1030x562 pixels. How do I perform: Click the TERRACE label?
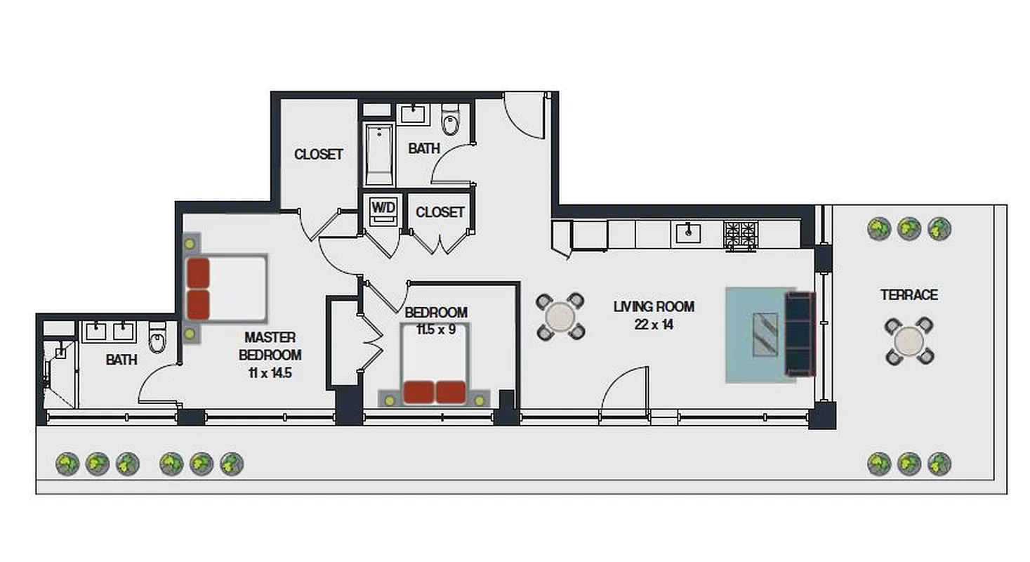click(909, 295)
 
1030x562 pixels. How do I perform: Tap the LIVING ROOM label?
click(654, 307)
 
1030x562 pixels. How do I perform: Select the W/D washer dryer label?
click(383, 207)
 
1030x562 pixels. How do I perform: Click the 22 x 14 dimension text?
click(654, 325)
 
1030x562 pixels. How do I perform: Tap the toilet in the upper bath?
click(450, 122)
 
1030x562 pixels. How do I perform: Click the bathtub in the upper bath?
click(379, 154)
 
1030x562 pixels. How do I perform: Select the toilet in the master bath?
click(157, 340)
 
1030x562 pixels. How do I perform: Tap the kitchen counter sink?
click(688, 232)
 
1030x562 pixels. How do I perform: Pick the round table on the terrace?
click(909, 341)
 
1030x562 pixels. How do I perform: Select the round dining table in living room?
click(560, 316)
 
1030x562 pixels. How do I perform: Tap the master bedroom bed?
click(226, 288)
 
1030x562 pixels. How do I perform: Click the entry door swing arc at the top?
click(523, 116)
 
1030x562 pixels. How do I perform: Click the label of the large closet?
click(318, 154)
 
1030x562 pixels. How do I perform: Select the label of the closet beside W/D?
click(440, 212)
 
